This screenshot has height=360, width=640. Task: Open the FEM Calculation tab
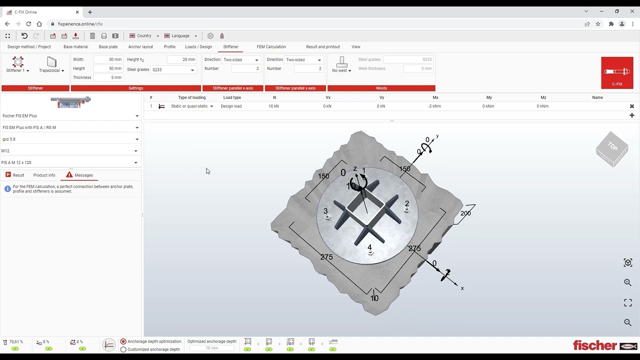tap(271, 47)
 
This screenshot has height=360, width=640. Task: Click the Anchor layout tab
tap(140, 47)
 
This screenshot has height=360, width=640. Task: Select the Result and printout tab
tap(322, 47)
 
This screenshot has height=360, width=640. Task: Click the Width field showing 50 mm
tap(108, 59)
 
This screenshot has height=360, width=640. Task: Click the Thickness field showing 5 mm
tap(108, 77)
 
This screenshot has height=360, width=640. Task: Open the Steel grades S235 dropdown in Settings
tap(173, 70)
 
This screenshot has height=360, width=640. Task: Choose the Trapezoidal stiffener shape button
tap(51, 65)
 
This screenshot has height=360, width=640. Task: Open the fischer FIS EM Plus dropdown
tap(70, 116)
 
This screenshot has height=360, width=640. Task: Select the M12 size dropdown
tap(70, 151)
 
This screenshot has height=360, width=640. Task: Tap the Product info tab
tap(44, 175)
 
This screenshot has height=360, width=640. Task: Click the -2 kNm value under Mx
tap(434, 106)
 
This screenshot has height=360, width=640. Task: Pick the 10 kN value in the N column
tap(273, 106)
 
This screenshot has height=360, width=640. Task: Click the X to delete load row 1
tap(631, 106)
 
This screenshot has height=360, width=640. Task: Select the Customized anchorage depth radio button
tap(123, 349)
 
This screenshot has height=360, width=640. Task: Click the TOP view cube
tap(612, 148)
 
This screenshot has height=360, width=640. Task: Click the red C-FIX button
tap(617, 73)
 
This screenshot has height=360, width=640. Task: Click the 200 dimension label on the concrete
tap(465, 213)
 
